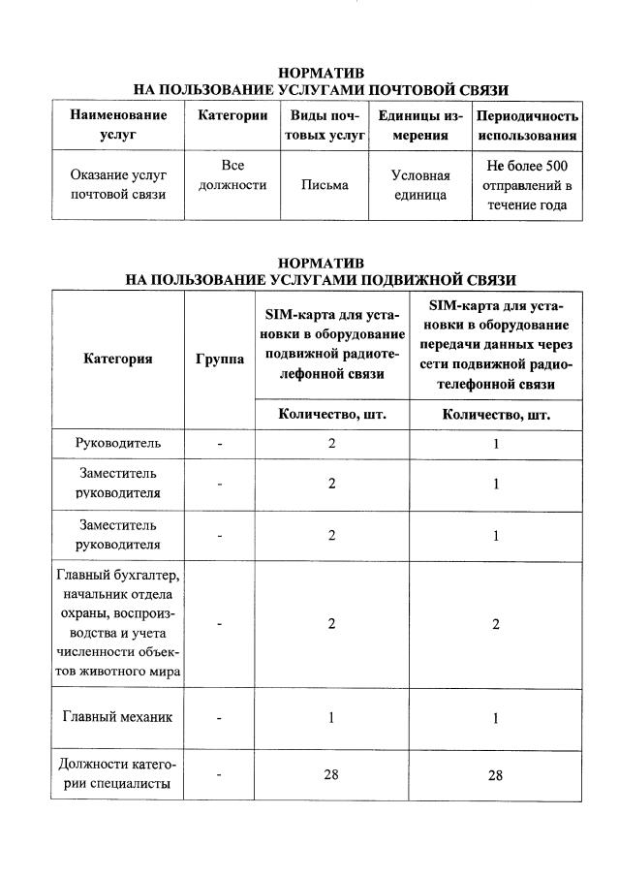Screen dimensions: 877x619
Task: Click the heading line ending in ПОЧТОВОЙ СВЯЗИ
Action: point(321,90)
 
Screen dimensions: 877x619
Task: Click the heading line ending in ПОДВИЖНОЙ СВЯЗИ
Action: point(321,280)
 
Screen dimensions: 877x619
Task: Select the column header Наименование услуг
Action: point(118,125)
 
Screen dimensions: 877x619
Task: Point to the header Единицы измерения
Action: point(420,125)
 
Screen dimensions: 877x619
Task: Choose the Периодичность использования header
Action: point(527,125)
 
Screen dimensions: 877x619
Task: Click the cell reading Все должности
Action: point(232,175)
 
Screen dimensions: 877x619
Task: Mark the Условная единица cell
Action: point(420,185)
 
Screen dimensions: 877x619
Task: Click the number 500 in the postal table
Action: point(552,167)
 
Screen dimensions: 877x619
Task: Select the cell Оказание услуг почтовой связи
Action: point(118,185)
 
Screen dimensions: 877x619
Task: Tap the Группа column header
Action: point(220,359)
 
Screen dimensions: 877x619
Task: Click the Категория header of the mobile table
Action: point(118,359)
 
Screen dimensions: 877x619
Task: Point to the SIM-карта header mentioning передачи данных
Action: point(496,344)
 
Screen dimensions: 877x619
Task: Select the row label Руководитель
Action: point(118,444)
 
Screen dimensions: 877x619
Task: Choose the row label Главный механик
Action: point(118,718)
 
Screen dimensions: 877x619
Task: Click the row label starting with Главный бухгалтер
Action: point(118,624)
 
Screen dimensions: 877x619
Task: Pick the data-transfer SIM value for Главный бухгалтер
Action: point(496,624)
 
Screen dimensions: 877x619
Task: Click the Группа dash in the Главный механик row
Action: point(220,719)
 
